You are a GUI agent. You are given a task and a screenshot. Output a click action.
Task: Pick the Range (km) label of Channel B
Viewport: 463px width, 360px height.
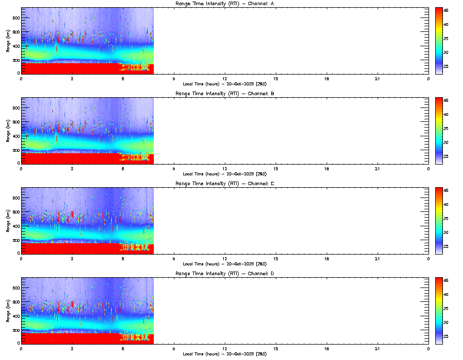8,131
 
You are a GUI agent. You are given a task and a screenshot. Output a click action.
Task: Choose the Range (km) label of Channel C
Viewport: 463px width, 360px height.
8,221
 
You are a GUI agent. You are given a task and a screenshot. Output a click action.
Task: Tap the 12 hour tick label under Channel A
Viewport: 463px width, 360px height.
225,79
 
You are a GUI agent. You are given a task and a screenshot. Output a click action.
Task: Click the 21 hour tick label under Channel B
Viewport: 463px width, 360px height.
378,169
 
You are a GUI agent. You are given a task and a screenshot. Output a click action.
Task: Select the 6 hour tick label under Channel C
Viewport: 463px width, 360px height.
123,258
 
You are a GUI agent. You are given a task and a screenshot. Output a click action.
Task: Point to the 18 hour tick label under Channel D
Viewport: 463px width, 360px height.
327,348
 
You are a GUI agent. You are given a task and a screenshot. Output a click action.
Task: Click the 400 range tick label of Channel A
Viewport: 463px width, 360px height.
16,46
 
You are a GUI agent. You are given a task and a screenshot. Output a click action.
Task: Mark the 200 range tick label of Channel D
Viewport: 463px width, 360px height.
16,330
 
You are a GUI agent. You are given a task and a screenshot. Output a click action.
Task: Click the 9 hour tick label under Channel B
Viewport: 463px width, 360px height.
174,169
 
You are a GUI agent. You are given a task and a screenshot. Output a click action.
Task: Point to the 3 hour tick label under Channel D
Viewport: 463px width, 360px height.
72,348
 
